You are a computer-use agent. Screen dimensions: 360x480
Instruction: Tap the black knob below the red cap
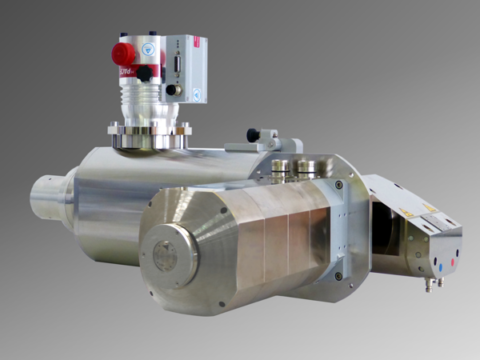[144, 74]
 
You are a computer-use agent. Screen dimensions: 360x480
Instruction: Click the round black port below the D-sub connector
[173, 89]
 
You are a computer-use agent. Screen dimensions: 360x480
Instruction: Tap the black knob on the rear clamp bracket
[253, 133]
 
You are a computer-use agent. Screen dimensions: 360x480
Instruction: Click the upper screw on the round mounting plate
[339, 184]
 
